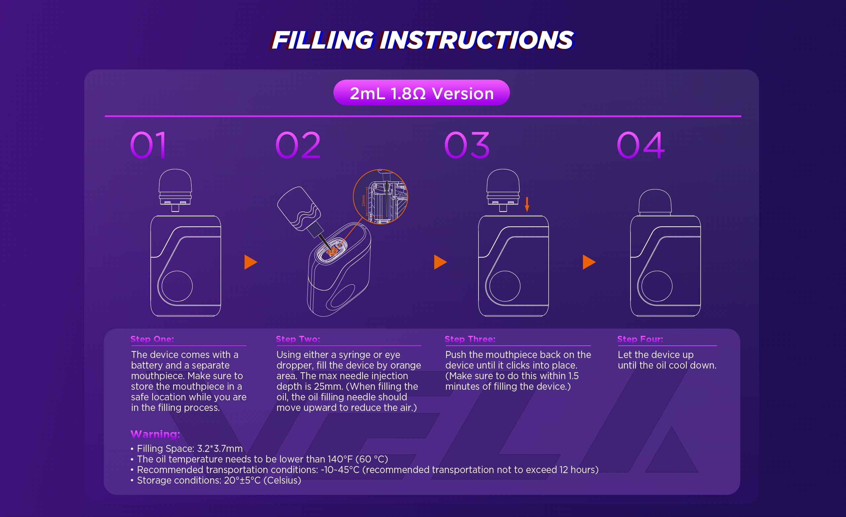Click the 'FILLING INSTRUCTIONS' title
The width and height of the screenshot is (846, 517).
coord(422,40)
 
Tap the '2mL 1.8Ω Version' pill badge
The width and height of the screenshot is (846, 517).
coord(421,93)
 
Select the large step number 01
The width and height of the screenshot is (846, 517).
coord(149,145)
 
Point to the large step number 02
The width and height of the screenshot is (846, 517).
coord(298,145)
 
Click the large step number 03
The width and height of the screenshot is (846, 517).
coord(467,145)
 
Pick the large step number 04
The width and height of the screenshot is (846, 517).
coord(641,145)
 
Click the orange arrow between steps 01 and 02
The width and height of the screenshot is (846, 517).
coord(250,262)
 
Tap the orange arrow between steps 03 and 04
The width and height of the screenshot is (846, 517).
coord(589,262)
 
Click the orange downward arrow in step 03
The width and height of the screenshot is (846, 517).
coord(527,204)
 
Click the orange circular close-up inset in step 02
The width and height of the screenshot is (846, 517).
coord(380,196)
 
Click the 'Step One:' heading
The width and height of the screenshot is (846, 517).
coord(152,339)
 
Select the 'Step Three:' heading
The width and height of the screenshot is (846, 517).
coord(470,339)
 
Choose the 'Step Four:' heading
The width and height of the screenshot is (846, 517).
coord(640,339)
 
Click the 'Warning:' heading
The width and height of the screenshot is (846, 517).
coord(155,434)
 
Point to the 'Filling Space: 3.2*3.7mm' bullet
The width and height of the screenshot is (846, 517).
coord(186,449)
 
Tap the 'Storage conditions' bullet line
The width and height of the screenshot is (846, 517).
coord(215,480)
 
